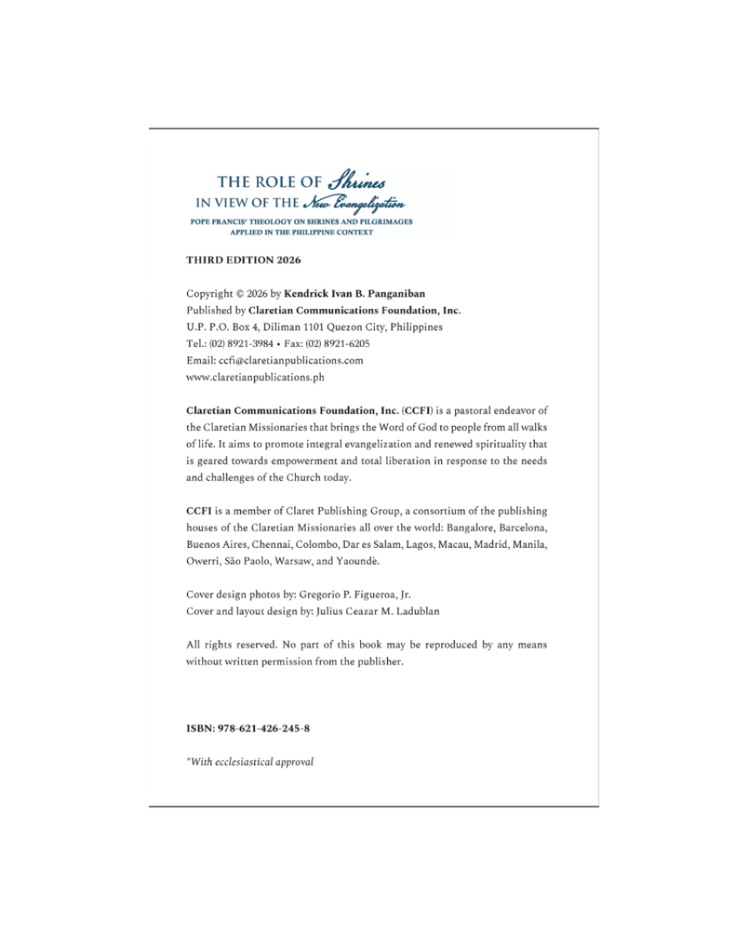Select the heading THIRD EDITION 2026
tap(244, 260)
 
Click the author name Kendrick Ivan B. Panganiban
tap(355, 294)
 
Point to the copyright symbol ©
tap(240, 294)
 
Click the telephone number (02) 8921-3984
tap(241, 344)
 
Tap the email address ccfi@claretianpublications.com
tap(291, 360)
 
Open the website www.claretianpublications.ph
tap(255, 377)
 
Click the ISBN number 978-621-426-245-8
tap(264, 729)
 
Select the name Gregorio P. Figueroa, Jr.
tap(355, 594)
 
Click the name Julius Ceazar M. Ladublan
tap(377, 611)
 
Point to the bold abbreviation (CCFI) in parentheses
tap(417, 411)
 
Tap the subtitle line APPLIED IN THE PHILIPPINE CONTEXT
tap(301, 233)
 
